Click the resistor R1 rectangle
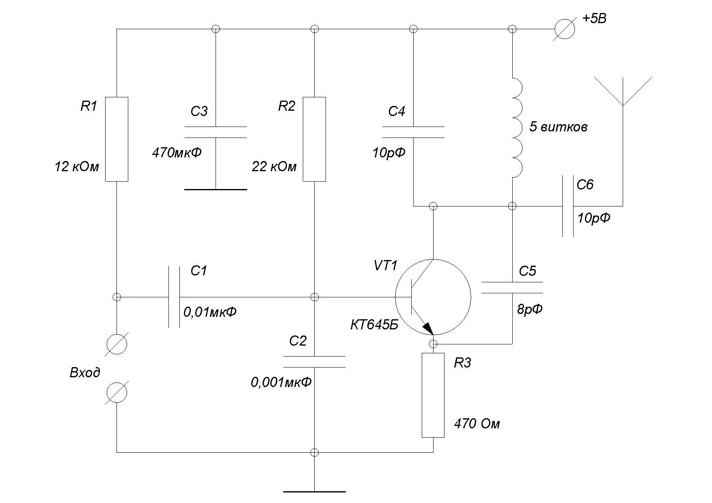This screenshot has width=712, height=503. click(117, 139)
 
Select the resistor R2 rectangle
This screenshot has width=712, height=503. click(314, 139)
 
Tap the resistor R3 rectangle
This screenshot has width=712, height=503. click(433, 395)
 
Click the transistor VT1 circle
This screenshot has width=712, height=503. click(433, 297)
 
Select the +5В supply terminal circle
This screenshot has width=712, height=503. click(565, 29)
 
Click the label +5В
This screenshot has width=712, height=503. click(594, 19)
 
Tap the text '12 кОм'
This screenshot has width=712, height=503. click(77, 167)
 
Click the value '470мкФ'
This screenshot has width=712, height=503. click(177, 153)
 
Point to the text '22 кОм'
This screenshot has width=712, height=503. click(274, 167)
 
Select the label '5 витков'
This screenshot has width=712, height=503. click(558, 127)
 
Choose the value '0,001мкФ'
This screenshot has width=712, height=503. click(281, 382)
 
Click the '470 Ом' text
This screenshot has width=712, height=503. click(477, 424)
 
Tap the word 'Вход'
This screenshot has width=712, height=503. click(85, 373)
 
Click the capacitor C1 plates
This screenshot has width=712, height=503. click(174, 297)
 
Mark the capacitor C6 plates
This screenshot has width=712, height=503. click(567, 206)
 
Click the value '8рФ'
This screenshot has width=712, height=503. click(529, 310)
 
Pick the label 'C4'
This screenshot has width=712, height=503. click(396, 111)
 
